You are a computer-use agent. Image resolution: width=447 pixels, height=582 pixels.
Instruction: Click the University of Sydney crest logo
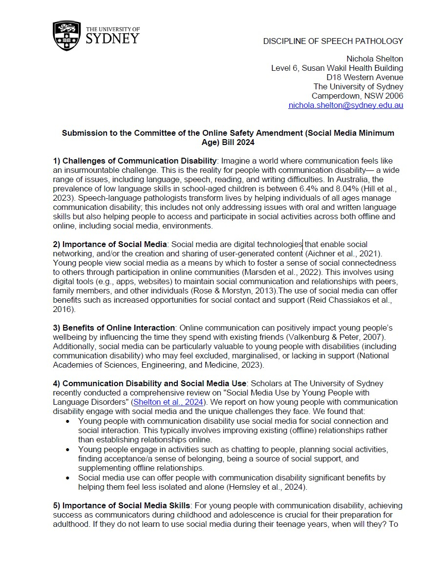67,36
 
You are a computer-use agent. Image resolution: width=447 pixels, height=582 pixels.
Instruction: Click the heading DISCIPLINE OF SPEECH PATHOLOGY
333,41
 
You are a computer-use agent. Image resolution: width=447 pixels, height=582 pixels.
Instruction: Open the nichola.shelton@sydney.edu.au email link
345,105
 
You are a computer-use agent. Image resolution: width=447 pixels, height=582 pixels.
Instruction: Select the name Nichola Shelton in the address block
375,59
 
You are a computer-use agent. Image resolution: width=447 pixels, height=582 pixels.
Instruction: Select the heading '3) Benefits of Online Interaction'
114,328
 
